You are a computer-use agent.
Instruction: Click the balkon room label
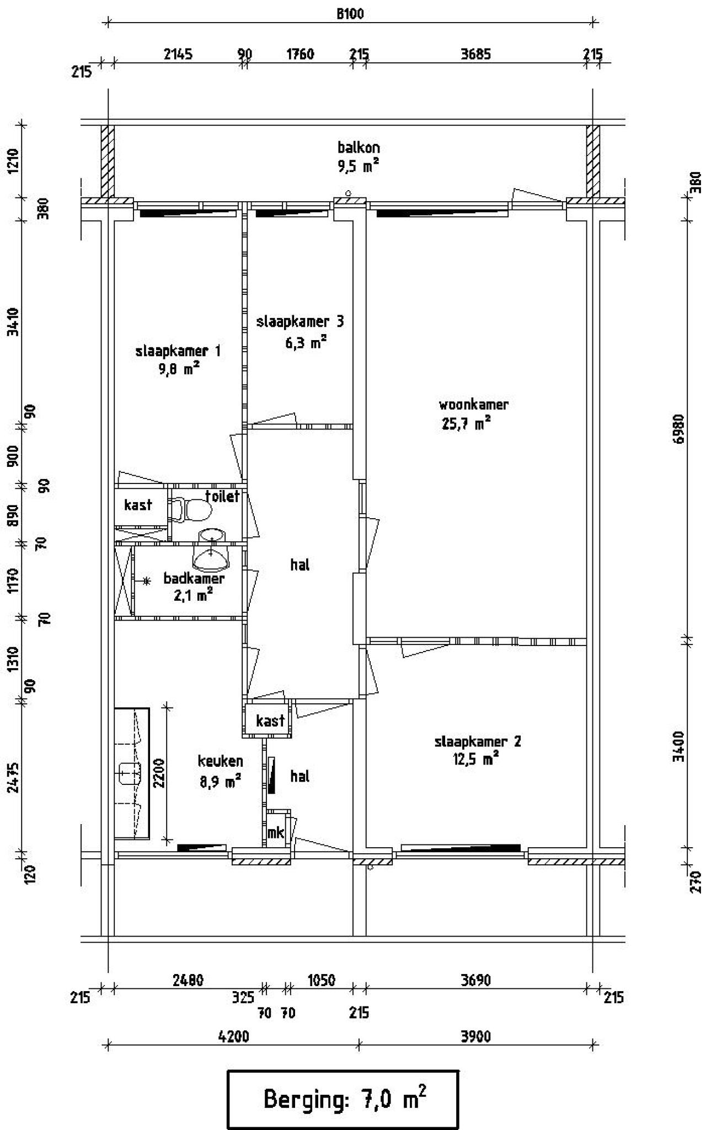[359, 148]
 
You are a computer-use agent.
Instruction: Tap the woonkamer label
[473, 405]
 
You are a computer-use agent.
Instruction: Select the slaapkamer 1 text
[178, 351]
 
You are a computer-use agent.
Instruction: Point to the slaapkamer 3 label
[300, 321]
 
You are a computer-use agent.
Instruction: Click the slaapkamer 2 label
[478, 741]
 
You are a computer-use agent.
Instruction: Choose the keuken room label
[221, 761]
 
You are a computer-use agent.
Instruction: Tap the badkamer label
[194, 579]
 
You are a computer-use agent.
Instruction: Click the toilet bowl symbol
[193, 509]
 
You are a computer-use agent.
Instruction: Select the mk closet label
[275, 832]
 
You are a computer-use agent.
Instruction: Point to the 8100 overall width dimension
[351, 14]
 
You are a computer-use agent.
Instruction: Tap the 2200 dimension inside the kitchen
[159, 774]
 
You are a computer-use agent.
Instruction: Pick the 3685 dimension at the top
[475, 54]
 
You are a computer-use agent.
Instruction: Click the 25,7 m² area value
[466, 423]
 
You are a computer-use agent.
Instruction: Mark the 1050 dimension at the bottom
[321, 980]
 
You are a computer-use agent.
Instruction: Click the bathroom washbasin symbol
[210, 557]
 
